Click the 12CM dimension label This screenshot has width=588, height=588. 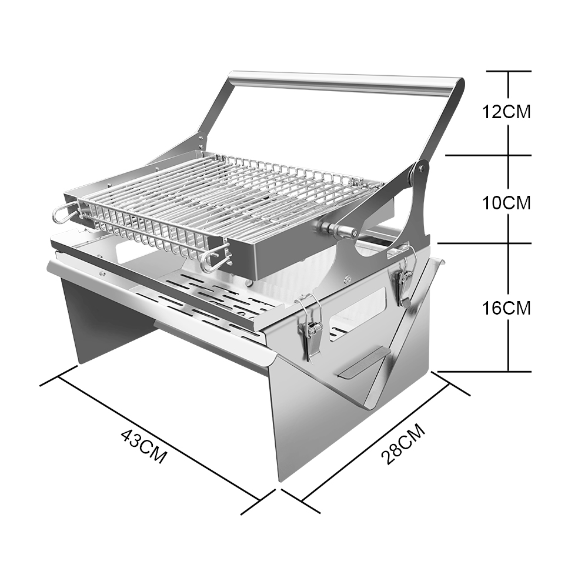506,112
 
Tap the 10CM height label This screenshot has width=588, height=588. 506,203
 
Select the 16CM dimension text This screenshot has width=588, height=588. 506,308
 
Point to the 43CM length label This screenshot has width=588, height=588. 144,446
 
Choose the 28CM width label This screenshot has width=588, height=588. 403,444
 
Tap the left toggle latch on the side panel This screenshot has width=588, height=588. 310,327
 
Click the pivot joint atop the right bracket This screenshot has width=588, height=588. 420,169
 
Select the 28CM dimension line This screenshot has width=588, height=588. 376,442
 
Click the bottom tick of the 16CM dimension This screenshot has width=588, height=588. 485,372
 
